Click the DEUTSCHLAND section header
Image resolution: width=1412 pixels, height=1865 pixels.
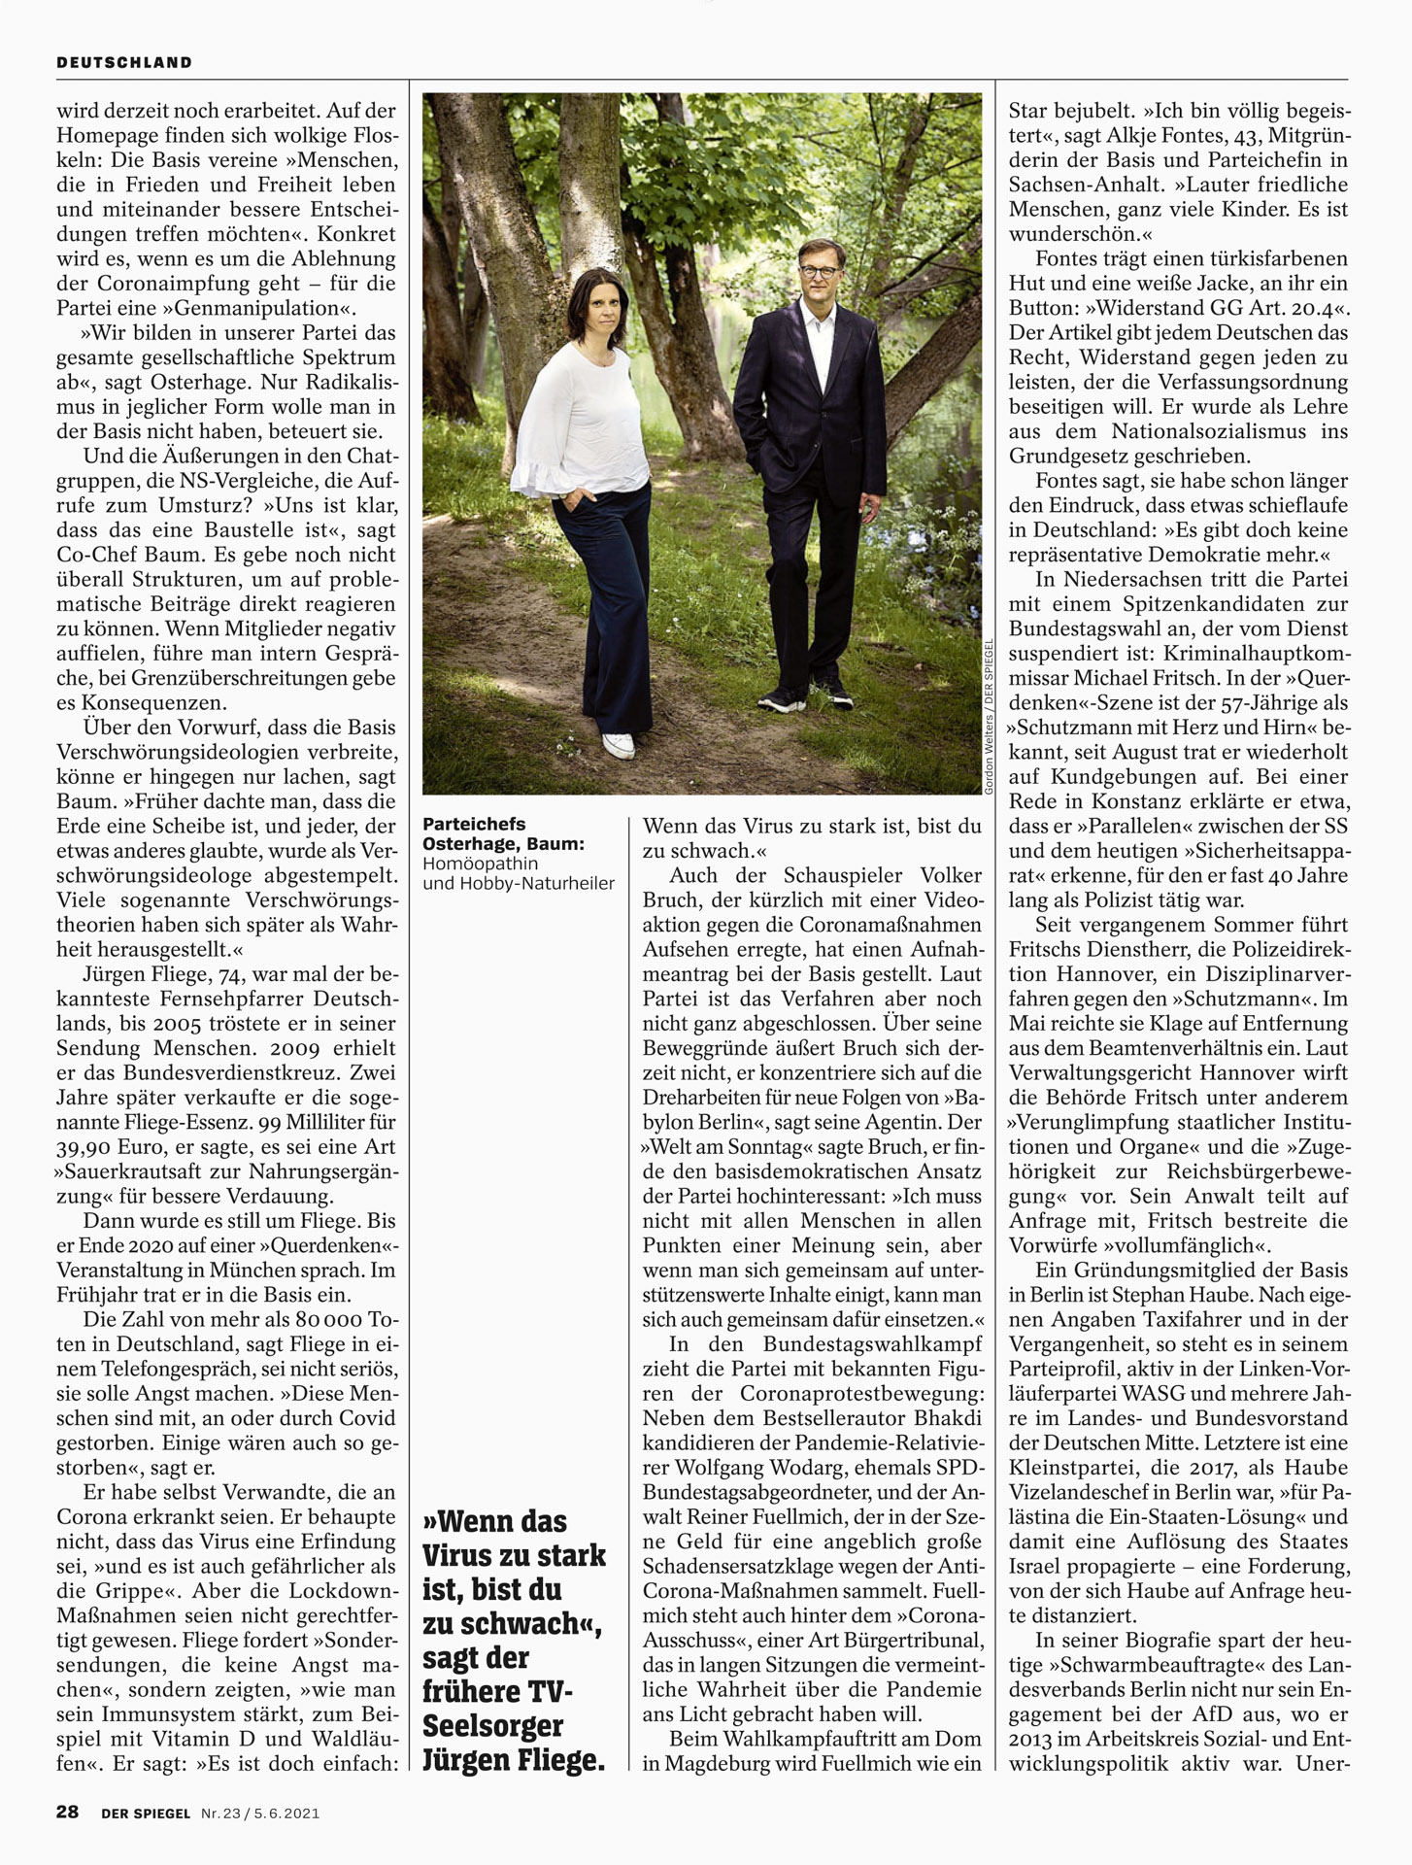(x=124, y=62)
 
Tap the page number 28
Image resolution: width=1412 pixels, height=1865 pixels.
(x=67, y=1812)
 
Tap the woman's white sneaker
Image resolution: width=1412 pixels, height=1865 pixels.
(x=618, y=745)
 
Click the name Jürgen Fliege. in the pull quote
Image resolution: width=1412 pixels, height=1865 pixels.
(x=514, y=1759)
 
